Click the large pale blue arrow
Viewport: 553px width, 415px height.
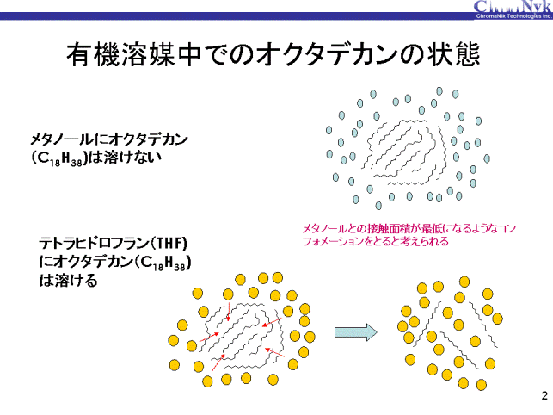pos(355,330)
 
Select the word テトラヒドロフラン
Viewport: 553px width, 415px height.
pos(99,244)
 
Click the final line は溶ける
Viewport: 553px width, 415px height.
pos(69,282)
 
